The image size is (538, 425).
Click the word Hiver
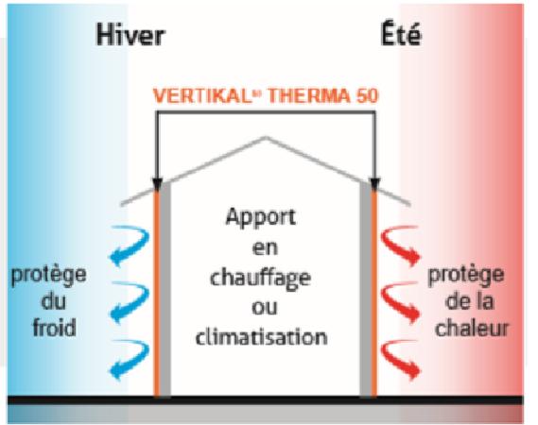pyautogui.click(x=130, y=35)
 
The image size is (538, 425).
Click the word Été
pyautogui.click(x=401, y=34)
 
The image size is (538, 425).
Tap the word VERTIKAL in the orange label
pyautogui.click(x=201, y=96)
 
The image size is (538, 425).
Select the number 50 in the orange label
pyautogui.click(x=367, y=96)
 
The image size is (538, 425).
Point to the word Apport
pyautogui.click(x=260, y=218)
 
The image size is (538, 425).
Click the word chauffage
pyautogui.click(x=260, y=279)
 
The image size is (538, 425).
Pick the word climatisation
pyautogui.click(x=262, y=336)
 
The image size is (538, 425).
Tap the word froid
pyautogui.click(x=54, y=328)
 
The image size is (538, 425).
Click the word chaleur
pyautogui.click(x=472, y=328)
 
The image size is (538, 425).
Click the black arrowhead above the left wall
pyautogui.click(x=157, y=184)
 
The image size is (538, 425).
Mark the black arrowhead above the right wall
pyautogui.click(x=374, y=184)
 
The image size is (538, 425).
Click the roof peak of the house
pyautogui.click(x=266, y=138)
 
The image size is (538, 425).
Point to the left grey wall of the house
pyautogui.click(x=165, y=290)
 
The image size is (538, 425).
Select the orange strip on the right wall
pyautogui.click(x=374, y=293)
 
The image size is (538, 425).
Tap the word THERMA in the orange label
pyautogui.click(x=309, y=96)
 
